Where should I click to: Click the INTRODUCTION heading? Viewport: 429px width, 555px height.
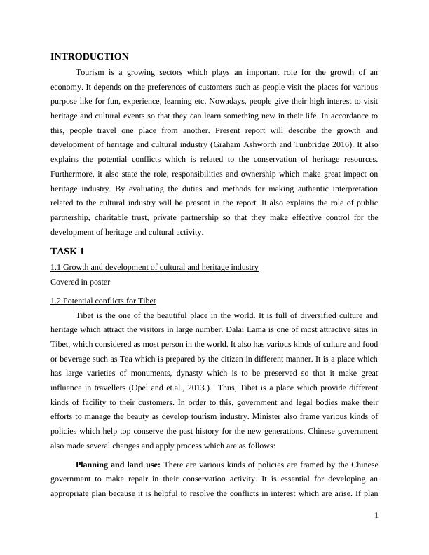point(90,57)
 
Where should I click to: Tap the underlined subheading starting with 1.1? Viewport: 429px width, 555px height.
point(154,267)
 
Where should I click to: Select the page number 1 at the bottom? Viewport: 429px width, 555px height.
point(376,516)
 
